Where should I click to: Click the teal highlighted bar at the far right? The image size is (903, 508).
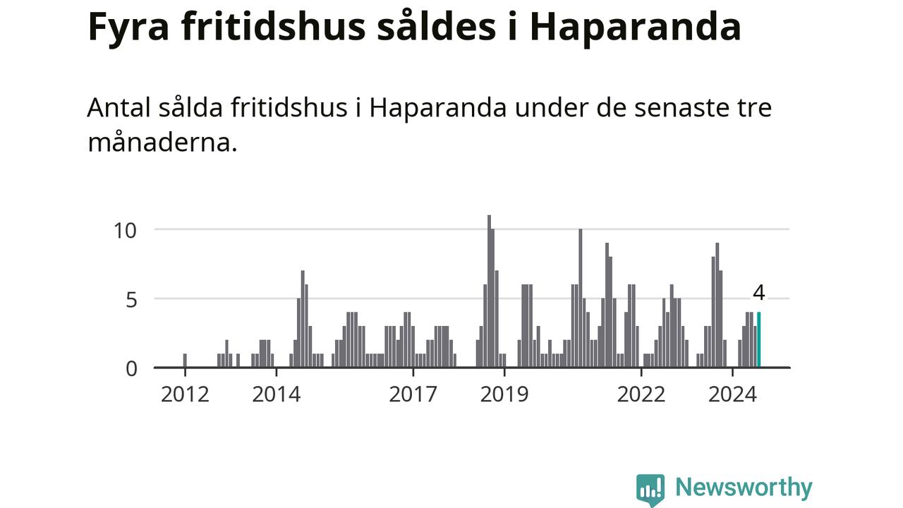click(759, 340)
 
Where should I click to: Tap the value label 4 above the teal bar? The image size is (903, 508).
click(759, 293)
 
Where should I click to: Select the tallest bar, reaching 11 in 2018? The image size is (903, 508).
click(489, 291)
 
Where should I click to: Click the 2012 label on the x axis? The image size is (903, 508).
click(185, 394)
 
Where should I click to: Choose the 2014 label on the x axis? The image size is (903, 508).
click(277, 394)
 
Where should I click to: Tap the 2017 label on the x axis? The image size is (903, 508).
click(413, 394)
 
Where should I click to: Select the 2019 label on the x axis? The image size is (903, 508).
click(504, 394)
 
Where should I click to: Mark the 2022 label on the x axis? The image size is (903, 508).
click(641, 394)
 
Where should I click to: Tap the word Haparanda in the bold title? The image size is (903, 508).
click(635, 28)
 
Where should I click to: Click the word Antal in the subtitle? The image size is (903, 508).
click(118, 109)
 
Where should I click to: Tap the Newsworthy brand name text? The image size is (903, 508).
click(744, 488)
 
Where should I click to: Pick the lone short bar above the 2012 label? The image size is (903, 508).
click(185, 361)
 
